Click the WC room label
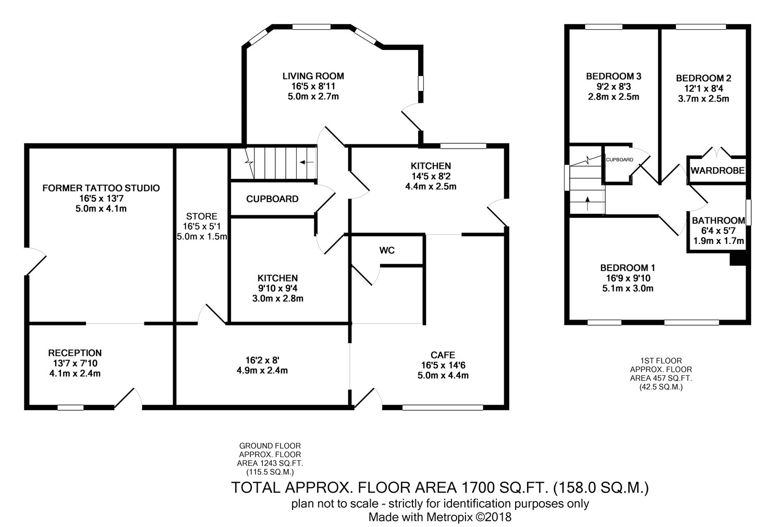(387, 250)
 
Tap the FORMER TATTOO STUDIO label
(101, 188)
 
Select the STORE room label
(201, 216)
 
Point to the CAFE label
(443, 355)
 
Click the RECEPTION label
(75, 353)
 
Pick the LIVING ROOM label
(313, 76)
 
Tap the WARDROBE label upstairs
(717, 170)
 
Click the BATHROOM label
(718, 220)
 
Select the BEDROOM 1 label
(627, 268)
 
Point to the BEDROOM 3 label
(614, 76)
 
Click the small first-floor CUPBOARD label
(619, 160)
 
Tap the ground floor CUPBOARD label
(272, 199)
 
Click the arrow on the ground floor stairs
(307, 162)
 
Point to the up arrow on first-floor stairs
(588, 203)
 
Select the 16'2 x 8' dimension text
(262, 360)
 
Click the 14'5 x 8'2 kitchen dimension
(431, 176)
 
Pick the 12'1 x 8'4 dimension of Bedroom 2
(703, 88)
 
